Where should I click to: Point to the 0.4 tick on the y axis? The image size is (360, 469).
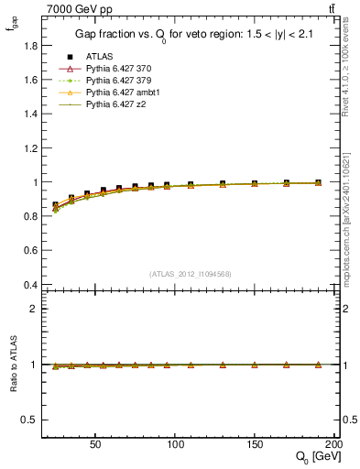(31, 285)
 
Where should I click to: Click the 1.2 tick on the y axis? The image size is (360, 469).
(31, 147)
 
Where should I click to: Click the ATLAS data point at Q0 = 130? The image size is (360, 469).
(223, 184)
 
